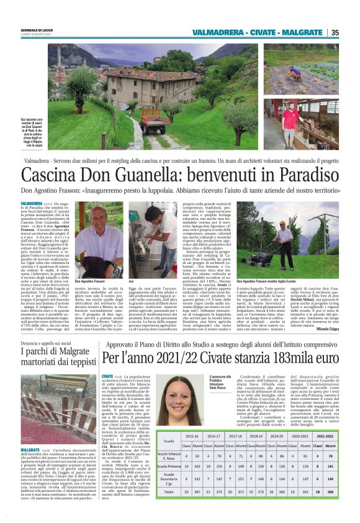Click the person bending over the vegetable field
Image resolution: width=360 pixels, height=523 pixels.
click(290, 73)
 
